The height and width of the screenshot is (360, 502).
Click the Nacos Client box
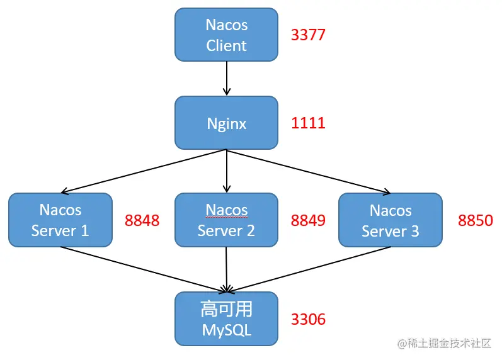click(226, 35)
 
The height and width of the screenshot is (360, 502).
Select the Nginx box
click(226, 123)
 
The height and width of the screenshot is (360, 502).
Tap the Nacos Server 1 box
click(60, 220)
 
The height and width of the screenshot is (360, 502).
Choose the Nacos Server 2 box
click(226, 220)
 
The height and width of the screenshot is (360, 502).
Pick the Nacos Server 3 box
click(391, 220)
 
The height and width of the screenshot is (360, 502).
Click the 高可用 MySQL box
click(226, 318)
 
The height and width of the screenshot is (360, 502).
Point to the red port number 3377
click(308, 35)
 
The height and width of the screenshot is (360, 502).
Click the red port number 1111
click(308, 123)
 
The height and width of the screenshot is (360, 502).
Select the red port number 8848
click(142, 220)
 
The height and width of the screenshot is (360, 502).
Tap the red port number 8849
click(308, 220)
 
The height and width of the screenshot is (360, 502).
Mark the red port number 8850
click(476, 220)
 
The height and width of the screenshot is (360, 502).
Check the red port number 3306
click(308, 319)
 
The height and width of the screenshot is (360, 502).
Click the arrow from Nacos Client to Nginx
click(226, 79)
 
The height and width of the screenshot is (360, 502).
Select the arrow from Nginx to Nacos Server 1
click(144, 171)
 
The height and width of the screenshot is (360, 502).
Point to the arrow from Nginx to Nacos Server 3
click(309, 171)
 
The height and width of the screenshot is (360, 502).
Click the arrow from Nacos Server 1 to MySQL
click(144, 270)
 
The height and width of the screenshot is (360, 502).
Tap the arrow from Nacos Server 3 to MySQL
click(309, 270)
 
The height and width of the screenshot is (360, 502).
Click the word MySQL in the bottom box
click(226, 330)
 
